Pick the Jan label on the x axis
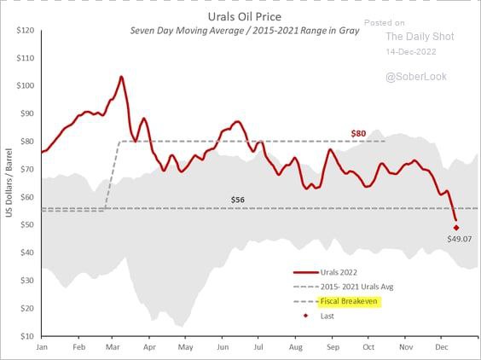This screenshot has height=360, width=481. [x=42, y=348]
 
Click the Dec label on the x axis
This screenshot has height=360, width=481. [x=443, y=348]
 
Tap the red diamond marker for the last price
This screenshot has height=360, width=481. [x=457, y=227]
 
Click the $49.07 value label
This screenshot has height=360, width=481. [x=459, y=239]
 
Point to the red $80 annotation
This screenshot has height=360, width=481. [x=360, y=133]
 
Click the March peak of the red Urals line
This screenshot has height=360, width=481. [x=120, y=77]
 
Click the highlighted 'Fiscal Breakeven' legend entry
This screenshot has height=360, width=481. [x=348, y=301]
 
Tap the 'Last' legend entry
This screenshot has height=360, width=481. [x=328, y=316]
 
